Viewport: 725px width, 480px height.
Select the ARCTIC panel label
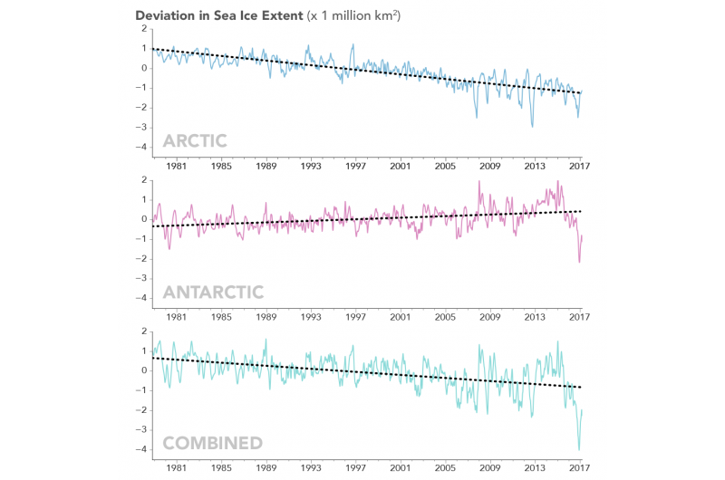pos(195,141)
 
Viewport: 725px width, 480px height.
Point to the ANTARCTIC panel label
pos(213,292)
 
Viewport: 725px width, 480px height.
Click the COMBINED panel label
pos(212,443)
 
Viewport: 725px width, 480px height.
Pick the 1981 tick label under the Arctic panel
pos(177,167)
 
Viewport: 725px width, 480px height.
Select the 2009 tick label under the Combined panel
pos(490,469)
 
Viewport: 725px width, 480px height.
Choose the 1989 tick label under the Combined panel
pos(266,469)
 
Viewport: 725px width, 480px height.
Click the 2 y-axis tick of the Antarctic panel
pos(144,179)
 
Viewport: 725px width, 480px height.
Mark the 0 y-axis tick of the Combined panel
pos(144,370)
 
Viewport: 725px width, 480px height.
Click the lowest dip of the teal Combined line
pos(579,448)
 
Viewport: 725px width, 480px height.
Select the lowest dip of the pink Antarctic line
pos(579,262)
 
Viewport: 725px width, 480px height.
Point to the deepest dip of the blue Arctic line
pos(532,127)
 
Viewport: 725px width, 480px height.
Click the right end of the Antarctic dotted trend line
pos(581,210)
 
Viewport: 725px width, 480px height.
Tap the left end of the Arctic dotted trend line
pos(151,48)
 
